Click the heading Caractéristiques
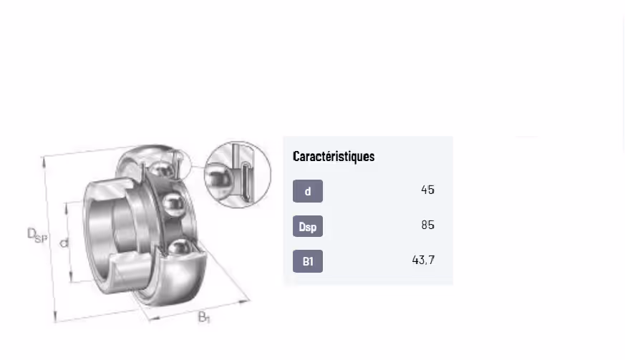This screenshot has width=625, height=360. [334, 156]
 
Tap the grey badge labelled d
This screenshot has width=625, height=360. [308, 191]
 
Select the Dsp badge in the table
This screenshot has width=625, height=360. [308, 226]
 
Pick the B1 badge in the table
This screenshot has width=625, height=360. [308, 261]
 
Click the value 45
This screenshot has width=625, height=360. [427, 190]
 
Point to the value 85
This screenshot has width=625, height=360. [427, 225]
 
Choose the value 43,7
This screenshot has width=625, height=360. [423, 260]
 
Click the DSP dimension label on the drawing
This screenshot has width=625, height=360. [37, 235]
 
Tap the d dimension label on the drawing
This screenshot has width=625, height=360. [64, 243]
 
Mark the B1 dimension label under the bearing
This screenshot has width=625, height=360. [204, 317]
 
